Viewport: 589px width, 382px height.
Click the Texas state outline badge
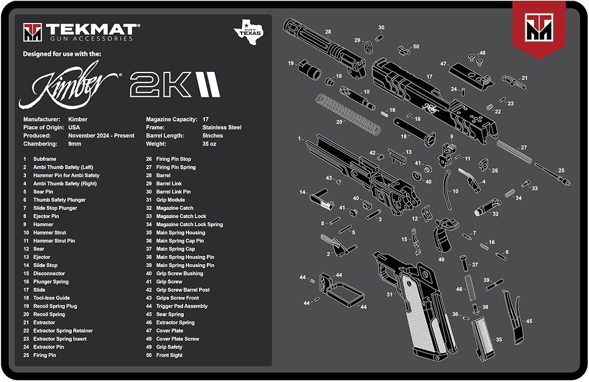pos(249,31)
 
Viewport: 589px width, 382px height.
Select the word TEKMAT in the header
pos(91,29)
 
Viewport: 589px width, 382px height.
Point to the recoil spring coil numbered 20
pos(348,114)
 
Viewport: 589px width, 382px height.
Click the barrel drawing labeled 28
pos(324,47)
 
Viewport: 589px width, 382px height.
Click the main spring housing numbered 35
pos(483,338)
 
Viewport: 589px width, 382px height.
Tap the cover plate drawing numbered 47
pos(471,76)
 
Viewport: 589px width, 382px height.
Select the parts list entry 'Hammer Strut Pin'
pos(54,241)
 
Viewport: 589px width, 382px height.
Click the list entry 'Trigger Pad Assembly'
pos(182,306)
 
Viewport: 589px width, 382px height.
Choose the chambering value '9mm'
pos(74,144)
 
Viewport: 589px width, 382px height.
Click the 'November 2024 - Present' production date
pos(101,136)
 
